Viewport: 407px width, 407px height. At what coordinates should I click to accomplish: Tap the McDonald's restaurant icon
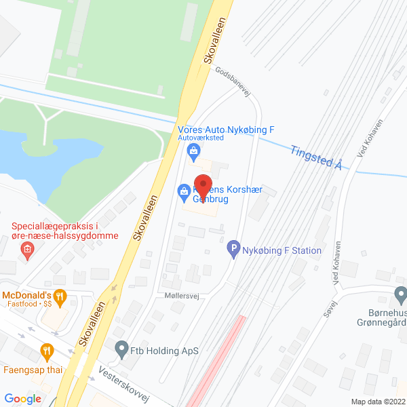point(60,295)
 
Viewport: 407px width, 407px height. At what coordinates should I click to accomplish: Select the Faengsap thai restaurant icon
point(47,351)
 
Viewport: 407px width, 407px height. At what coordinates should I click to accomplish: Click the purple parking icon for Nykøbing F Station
point(234,250)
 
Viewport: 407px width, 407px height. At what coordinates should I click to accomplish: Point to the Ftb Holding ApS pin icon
point(121,351)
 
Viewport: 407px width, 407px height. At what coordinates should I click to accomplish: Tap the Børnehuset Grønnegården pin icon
point(400,296)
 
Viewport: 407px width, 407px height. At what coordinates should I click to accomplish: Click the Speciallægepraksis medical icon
point(27,250)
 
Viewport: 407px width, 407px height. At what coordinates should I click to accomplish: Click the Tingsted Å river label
point(315,157)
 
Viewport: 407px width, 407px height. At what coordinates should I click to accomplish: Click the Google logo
point(23,399)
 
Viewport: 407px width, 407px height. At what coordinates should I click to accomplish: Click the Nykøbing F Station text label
point(282,250)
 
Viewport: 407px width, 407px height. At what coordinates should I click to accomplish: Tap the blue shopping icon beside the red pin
point(184,192)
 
